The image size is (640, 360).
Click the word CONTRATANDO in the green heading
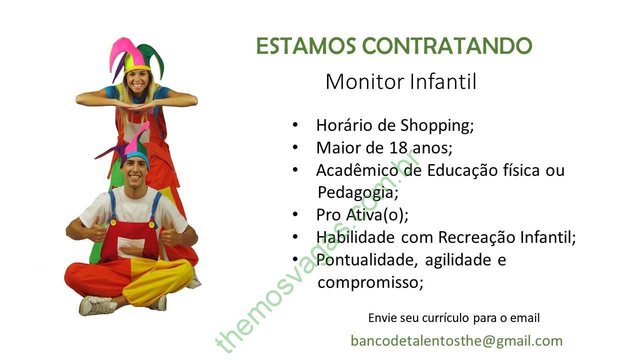pos(447,45)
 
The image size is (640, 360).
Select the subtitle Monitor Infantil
pos(401,81)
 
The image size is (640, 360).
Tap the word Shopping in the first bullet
pos(437,125)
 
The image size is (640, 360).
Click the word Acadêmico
pos(357,170)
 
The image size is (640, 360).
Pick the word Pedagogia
pos(357,192)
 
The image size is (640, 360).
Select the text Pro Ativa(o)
pos(362,215)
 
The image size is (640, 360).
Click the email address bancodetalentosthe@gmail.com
pos(456,341)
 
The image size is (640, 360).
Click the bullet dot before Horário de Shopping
pos(295,125)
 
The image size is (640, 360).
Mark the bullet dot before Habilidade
pos(295,237)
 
